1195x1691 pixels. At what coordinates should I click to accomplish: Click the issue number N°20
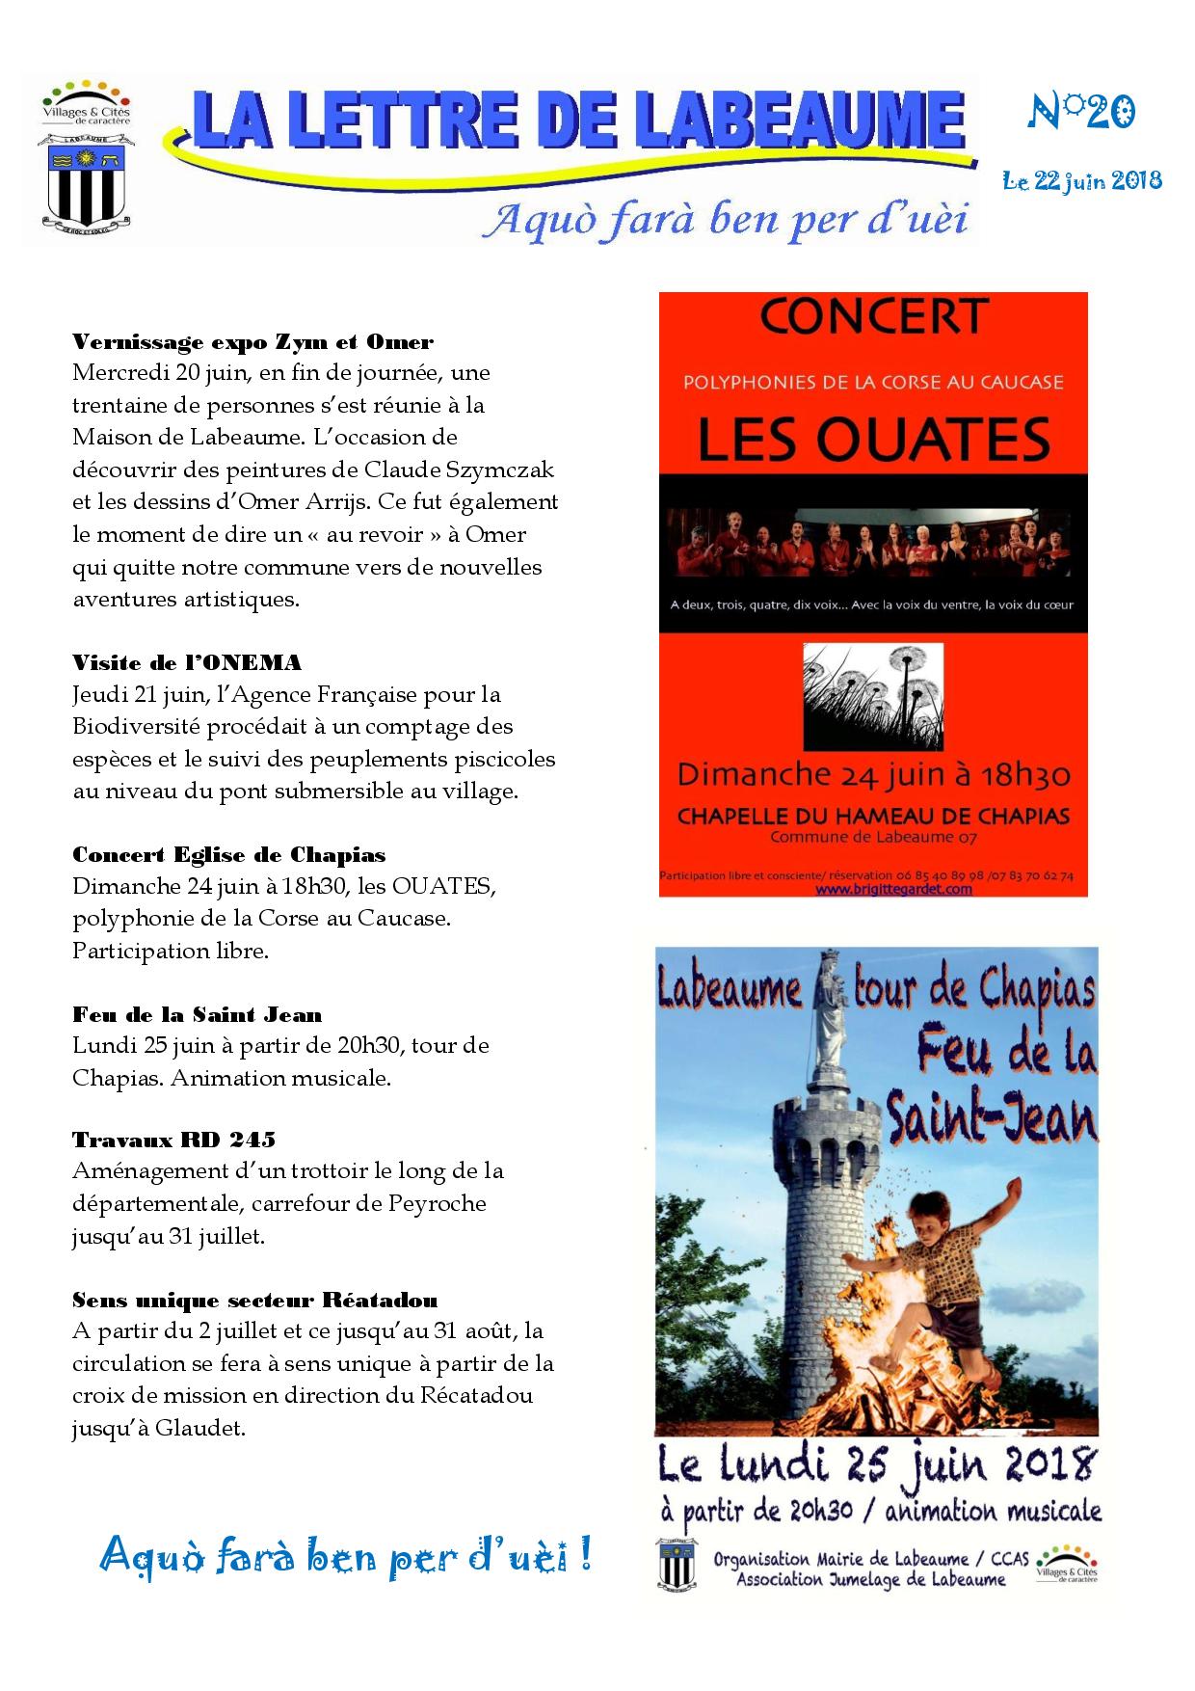pos(1082,113)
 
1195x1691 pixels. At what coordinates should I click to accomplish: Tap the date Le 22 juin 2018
pos(1081,180)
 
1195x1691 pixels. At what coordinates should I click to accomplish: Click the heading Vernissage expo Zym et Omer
pos(252,342)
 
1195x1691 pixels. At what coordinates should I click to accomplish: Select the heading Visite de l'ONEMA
pos(187,662)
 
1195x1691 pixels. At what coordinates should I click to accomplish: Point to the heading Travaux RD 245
pos(173,1140)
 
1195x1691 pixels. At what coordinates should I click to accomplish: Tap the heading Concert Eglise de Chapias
pos(228,855)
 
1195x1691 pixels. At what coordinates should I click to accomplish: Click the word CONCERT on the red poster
pos(874,317)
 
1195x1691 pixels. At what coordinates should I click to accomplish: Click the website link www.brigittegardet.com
pos(893,889)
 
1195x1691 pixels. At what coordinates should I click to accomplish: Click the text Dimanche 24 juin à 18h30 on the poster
pos(874,774)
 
